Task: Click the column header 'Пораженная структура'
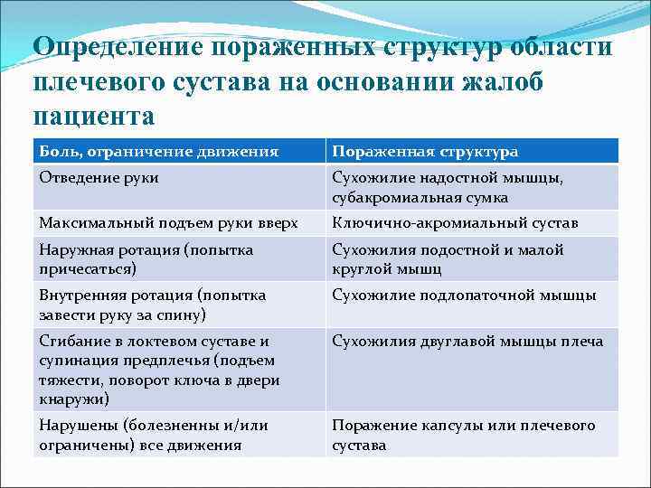(x=424, y=152)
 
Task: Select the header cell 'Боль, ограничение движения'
(x=158, y=152)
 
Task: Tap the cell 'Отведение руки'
(x=99, y=178)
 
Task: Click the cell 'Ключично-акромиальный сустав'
(x=455, y=222)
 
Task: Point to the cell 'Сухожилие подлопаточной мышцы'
(x=464, y=295)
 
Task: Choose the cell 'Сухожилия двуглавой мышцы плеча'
(x=467, y=342)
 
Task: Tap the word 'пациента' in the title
(x=94, y=116)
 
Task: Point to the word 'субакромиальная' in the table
(x=390, y=197)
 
